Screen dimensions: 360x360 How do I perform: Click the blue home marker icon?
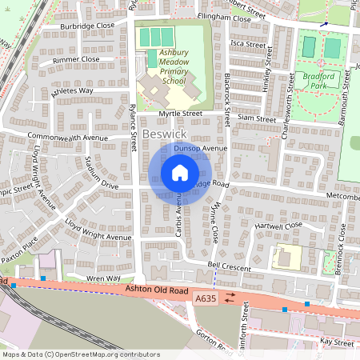tap(180, 173)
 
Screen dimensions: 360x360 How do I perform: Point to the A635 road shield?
tap(205, 298)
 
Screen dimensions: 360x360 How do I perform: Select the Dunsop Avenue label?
tap(203, 148)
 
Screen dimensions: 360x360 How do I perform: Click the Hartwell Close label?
tap(278, 226)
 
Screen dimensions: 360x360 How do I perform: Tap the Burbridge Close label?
tap(88, 26)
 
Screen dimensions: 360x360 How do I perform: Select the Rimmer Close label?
tap(76, 59)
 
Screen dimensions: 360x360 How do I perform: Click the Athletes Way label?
tap(73, 91)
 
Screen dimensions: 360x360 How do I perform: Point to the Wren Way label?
tap(103, 278)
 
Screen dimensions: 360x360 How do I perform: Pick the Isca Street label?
tap(247, 44)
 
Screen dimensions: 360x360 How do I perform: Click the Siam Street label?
tap(256, 118)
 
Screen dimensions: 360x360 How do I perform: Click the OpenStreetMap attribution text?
tap(70, 354)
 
